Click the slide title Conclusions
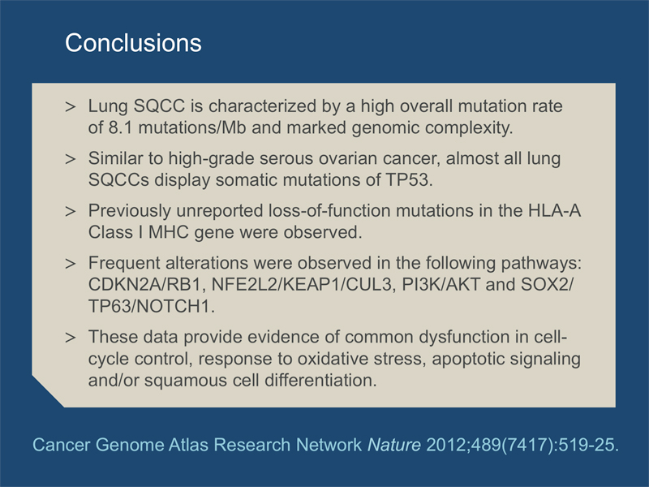[133, 43]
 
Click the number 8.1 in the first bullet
[120, 127]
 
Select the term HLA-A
[555, 211]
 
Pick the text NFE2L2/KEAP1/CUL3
[302, 285]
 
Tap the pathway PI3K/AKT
[441, 285]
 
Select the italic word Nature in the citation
[394, 445]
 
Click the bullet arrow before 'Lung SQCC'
[71, 107]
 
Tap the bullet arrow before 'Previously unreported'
[71, 212]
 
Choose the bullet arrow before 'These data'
[71, 338]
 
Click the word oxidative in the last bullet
[333, 359]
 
